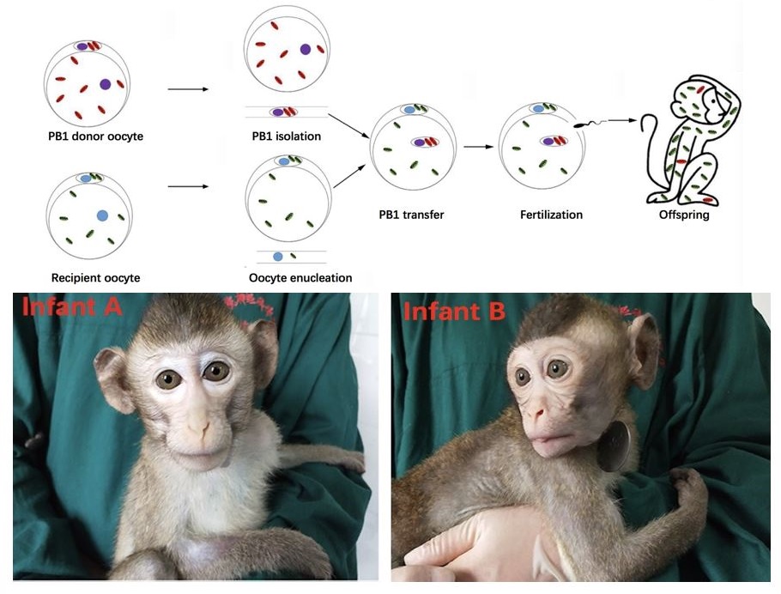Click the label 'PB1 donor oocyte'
89,136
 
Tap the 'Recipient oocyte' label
94,277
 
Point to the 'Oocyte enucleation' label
300,277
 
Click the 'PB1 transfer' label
411,215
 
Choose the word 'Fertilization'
551,215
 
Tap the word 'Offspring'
682,215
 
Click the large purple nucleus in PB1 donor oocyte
105,84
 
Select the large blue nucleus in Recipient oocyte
103,215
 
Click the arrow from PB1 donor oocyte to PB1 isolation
189,88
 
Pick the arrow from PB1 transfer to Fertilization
475,147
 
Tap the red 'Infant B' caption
454,311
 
